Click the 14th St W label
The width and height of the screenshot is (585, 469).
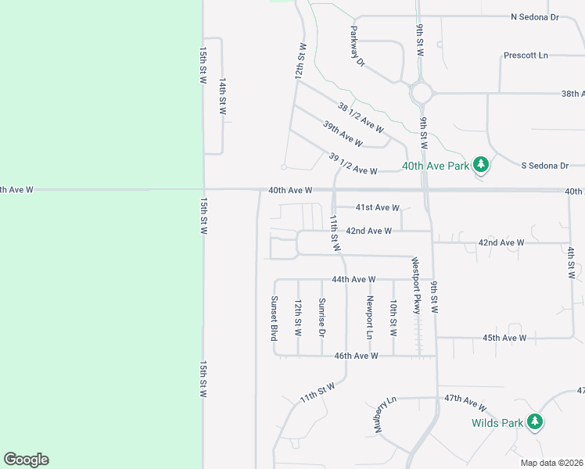222,96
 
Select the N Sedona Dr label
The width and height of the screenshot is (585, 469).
535,16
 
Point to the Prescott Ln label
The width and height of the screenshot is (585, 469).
526,55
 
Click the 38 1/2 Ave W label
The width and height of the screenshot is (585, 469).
361,117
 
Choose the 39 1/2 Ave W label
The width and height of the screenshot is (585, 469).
354,164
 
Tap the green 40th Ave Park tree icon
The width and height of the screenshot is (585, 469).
482,165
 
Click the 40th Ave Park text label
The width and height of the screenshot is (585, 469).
435,166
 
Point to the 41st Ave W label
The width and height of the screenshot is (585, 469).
378,208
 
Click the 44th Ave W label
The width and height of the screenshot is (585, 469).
354,279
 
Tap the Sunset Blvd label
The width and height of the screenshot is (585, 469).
275,317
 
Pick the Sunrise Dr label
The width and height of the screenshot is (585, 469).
321,317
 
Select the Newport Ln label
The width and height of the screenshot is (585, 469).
370,317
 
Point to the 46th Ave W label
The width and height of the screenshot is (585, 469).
356,356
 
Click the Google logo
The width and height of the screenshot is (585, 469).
26,460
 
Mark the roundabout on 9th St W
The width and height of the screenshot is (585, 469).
422,93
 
